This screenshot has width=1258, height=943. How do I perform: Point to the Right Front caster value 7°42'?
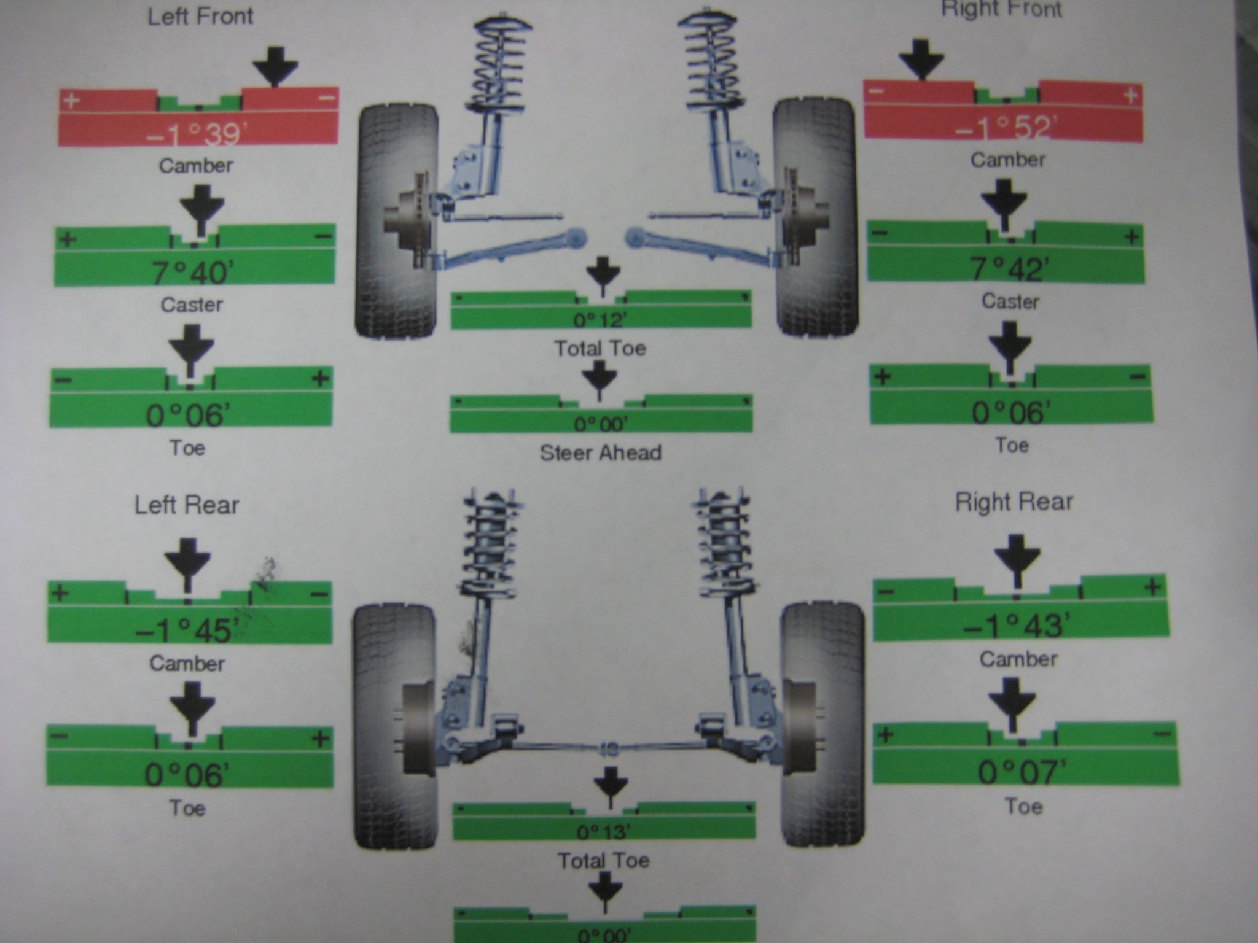coord(1009,269)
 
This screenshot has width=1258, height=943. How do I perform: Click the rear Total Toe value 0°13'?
coord(604,832)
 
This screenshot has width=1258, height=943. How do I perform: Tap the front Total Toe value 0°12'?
coord(600,320)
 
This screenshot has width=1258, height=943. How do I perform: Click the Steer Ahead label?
coord(601,453)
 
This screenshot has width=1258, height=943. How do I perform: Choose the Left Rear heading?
coord(187,505)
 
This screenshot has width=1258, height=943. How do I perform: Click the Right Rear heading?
coord(1014,502)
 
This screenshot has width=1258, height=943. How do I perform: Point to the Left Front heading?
coord(200,16)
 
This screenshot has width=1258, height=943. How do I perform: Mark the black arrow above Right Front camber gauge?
coord(921,59)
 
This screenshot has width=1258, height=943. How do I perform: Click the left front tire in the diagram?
coord(397,221)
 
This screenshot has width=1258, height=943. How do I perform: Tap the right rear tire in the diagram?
coord(822,725)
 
